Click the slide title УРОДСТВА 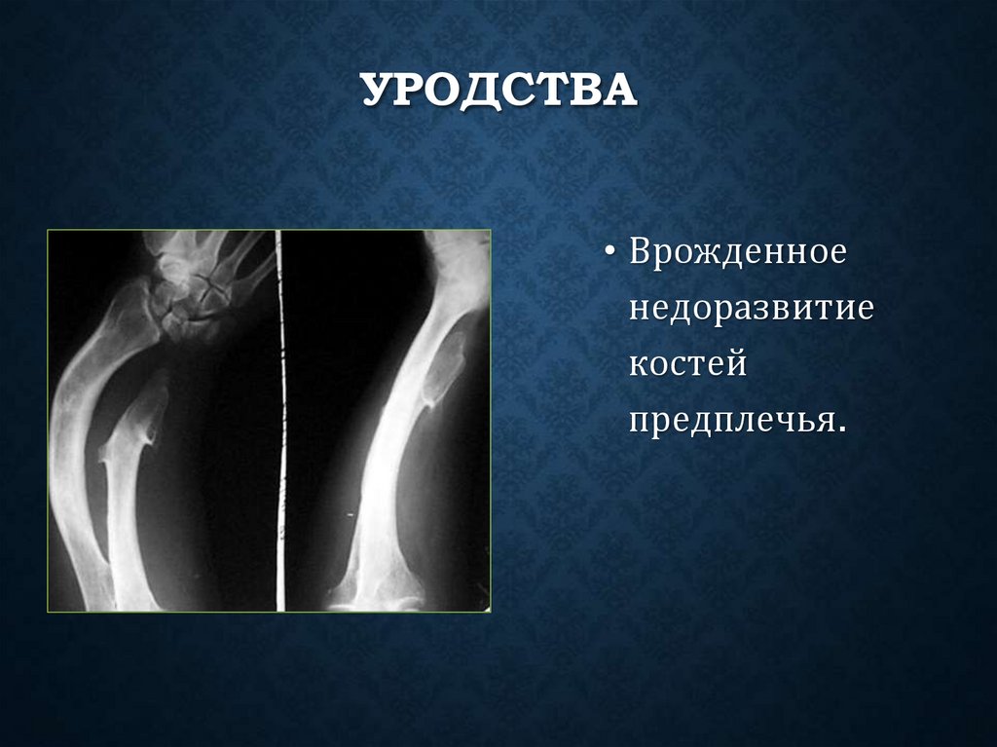click(499, 91)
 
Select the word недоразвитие click(752, 311)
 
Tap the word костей click(687, 364)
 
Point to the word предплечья click(732, 420)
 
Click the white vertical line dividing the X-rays click(280, 419)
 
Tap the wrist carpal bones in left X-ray click(191, 292)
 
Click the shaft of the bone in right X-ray click(389, 458)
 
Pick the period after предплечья click(838, 430)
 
